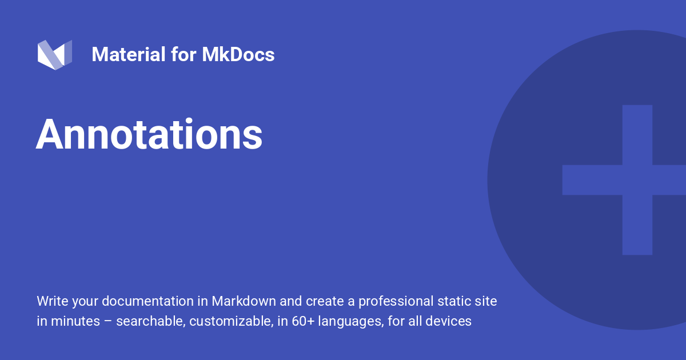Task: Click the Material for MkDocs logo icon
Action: pyautogui.click(x=55, y=55)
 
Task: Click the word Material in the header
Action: pyautogui.click(x=129, y=54)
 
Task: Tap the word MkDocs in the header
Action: pyautogui.click(x=238, y=54)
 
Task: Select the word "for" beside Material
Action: pyautogui.click(x=184, y=54)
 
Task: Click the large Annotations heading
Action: pyautogui.click(x=149, y=134)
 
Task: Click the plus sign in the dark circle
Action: pyautogui.click(x=637, y=180)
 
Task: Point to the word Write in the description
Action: pyautogui.click(x=53, y=301)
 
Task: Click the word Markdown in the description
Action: pyautogui.click(x=244, y=301)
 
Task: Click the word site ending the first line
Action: pyautogui.click(x=486, y=301)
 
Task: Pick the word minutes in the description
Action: pyautogui.click(x=75, y=321)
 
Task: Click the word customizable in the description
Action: pyautogui.click(x=231, y=321)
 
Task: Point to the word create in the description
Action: pyautogui.click(x=325, y=302)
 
